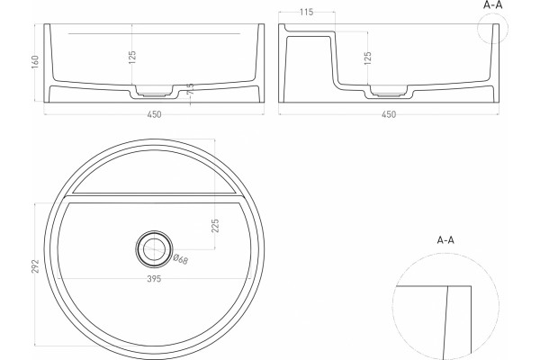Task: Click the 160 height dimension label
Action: click(35, 62)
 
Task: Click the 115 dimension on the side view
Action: click(307, 13)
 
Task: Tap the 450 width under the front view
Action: click(154, 114)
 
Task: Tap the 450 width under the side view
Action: click(389, 114)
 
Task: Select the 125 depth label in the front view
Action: click(132, 58)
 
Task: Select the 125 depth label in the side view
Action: click(368, 58)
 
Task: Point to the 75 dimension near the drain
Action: click(190, 89)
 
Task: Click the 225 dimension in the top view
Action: click(215, 226)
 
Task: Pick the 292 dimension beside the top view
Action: click(35, 266)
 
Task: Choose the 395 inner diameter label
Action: click(154, 279)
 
